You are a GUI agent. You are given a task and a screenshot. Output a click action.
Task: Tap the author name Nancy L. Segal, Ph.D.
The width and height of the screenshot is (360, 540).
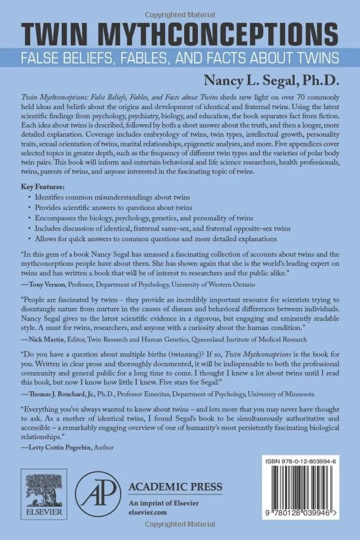274,78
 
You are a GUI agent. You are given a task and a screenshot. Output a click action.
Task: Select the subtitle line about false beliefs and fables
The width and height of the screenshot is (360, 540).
180,58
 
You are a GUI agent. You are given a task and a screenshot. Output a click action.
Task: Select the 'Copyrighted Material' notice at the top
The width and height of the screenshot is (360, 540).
179,5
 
